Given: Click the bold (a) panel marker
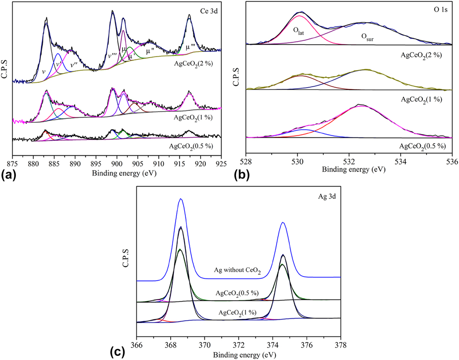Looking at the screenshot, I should (9, 175).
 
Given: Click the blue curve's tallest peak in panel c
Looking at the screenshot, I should (181, 199).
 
